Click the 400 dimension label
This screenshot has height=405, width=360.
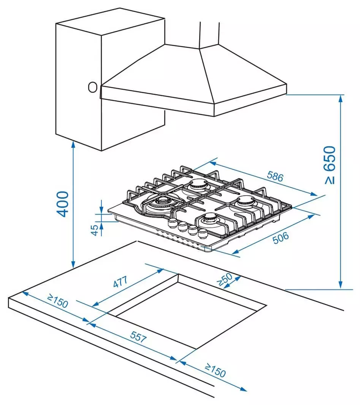(x=63, y=204)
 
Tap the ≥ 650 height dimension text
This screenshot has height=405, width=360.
(x=330, y=165)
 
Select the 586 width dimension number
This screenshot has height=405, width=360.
(x=275, y=176)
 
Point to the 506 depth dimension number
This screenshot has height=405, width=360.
(x=281, y=238)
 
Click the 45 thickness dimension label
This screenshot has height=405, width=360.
(x=95, y=230)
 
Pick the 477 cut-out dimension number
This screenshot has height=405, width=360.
(x=120, y=282)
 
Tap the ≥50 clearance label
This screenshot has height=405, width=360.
(x=225, y=280)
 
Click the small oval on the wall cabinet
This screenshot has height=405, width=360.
(x=92, y=87)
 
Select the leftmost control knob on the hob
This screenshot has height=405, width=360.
(x=172, y=222)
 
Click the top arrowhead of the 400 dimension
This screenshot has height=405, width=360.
(x=73, y=145)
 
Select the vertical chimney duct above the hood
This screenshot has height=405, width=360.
(x=210, y=35)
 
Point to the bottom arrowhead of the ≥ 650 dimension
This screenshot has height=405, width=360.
(x=341, y=284)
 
